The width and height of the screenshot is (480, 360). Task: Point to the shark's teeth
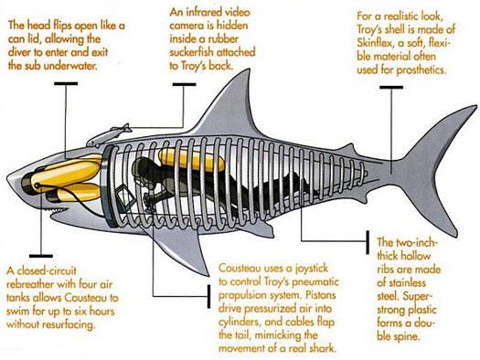[x=58, y=209]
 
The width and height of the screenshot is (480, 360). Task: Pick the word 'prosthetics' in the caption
[x=421, y=70]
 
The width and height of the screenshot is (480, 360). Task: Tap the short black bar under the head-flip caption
[x=66, y=83]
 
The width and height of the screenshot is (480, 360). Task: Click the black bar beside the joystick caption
[x=208, y=296]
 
